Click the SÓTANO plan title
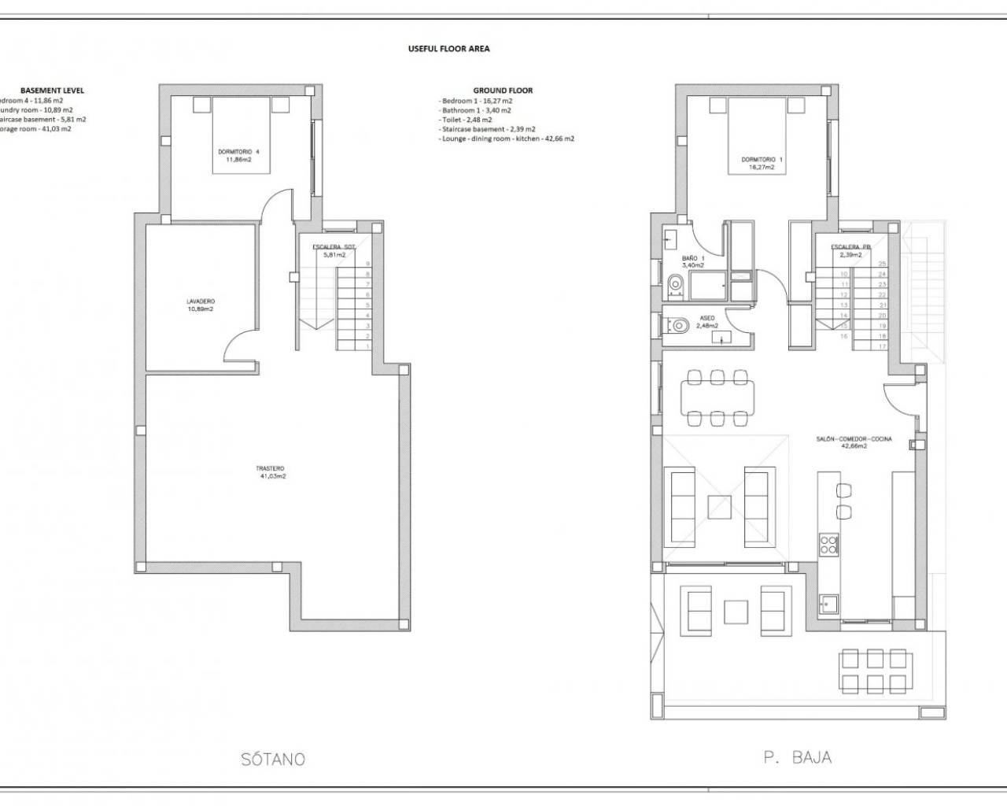pyautogui.click(x=272, y=760)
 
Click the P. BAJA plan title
pyautogui.click(x=797, y=758)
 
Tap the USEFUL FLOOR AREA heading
pyautogui.click(x=448, y=49)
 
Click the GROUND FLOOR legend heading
pyautogui.click(x=503, y=91)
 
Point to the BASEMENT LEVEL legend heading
pyautogui.click(x=52, y=91)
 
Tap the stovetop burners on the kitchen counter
pyautogui.click(x=828, y=545)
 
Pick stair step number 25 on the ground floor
pyautogui.click(x=882, y=264)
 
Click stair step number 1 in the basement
pyautogui.click(x=367, y=346)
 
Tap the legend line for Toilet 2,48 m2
pyautogui.click(x=467, y=120)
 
